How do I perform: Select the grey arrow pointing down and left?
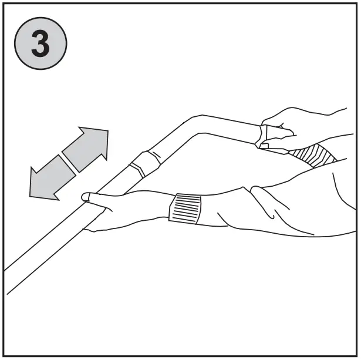pyautogui.click(x=52, y=177)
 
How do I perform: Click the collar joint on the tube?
pyautogui.click(x=144, y=163)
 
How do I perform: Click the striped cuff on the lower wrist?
pyautogui.click(x=184, y=208)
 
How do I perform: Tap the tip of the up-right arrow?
pyautogui.click(x=107, y=130)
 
